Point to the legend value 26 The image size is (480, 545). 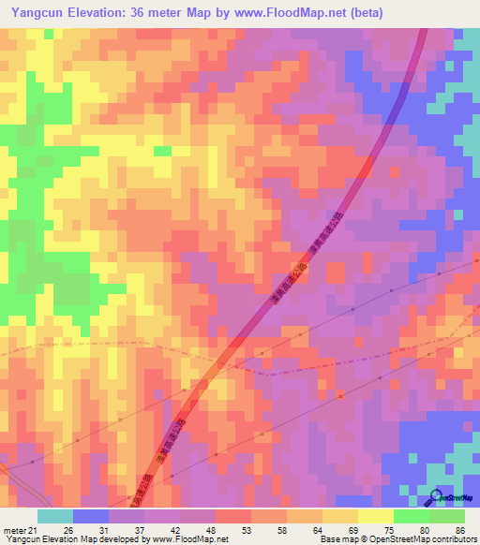[70, 531]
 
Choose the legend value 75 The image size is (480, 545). [389, 531]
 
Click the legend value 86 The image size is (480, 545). [460, 531]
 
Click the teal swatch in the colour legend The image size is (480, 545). [55, 516]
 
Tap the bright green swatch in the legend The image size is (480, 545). [412, 516]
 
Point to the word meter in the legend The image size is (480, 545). [15, 531]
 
